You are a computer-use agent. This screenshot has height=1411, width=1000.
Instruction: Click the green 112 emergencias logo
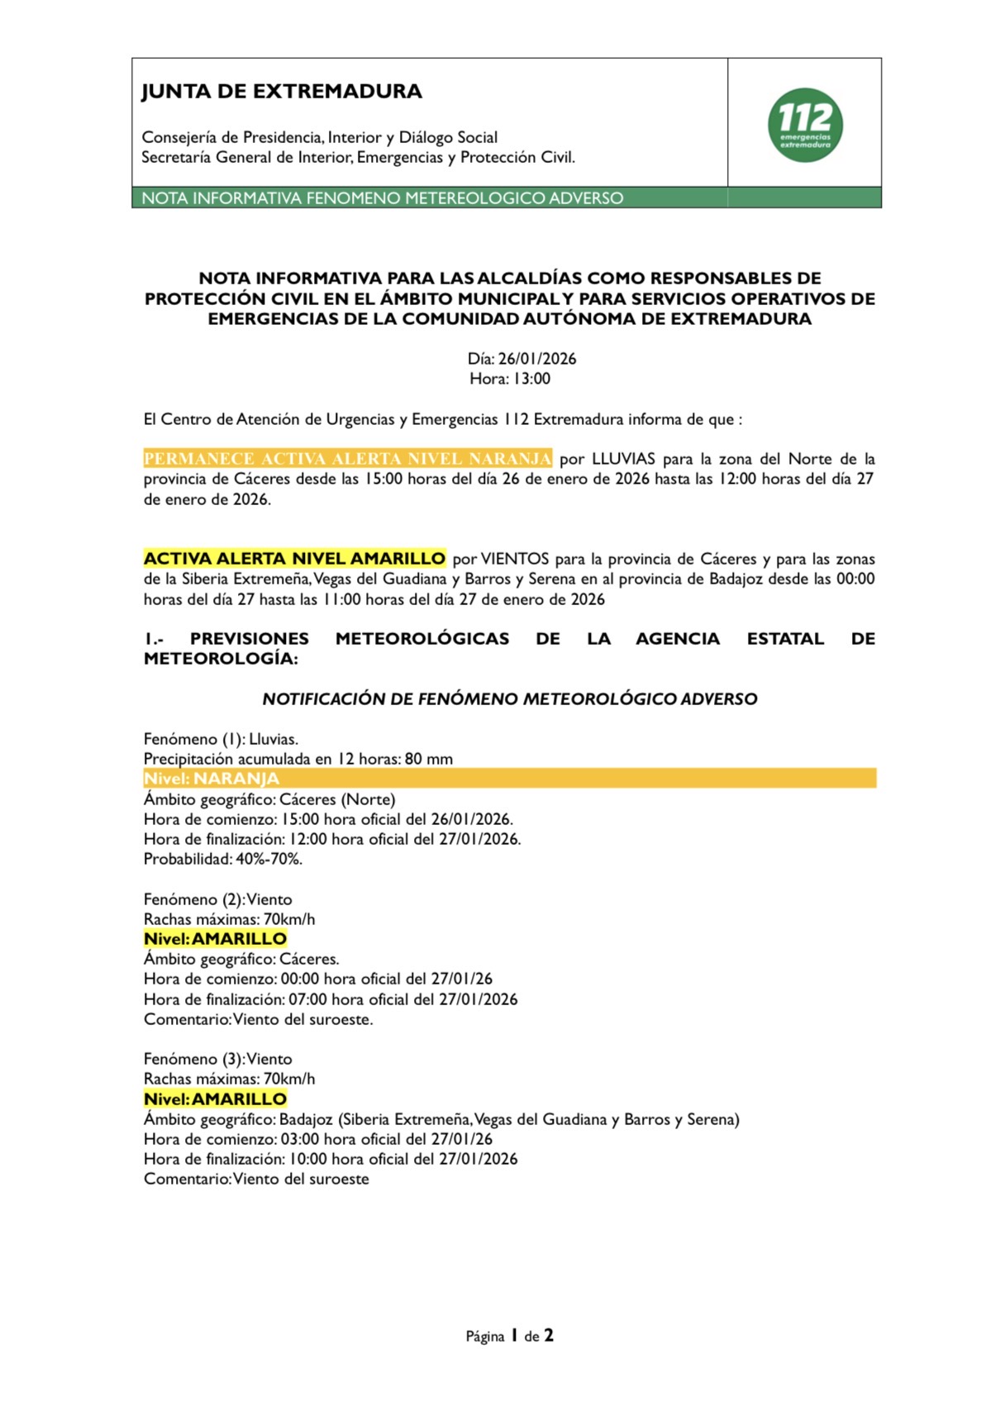click(x=805, y=125)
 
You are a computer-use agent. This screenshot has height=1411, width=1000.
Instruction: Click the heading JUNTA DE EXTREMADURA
click(x=282, y=92)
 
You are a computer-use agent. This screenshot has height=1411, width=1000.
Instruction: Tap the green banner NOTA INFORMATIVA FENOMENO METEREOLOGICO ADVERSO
click(x=383, y=198)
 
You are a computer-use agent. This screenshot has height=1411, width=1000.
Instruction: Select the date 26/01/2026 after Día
click(x=537, y=359)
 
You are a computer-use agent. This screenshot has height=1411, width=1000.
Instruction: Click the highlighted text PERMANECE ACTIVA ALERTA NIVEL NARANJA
click(x=347, y=459)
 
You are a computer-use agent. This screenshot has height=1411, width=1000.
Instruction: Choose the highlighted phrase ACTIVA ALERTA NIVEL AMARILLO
click(x=294, y=559)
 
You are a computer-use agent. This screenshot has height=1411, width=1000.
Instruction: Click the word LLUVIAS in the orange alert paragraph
click(x=623, y=459)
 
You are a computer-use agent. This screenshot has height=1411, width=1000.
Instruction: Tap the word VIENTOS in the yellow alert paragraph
click(x=515, y=559)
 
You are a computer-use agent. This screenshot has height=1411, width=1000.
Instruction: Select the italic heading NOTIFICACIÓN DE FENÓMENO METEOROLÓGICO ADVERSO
click(x=510, y=699)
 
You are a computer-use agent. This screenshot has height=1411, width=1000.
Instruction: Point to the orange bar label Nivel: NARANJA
click(x=212, y=779)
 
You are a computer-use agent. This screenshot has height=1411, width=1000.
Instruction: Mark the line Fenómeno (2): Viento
click(x=218, y=899)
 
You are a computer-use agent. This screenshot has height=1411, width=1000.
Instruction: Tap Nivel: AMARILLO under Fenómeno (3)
click(x=215, y=1099)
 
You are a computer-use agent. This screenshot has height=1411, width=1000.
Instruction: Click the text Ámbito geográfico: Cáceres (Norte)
click(x=269, y=799)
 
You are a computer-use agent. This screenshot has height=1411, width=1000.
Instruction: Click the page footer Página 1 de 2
click(x=510, y=1336)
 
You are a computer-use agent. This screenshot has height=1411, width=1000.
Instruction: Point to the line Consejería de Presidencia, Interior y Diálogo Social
click(x=320, y=137)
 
